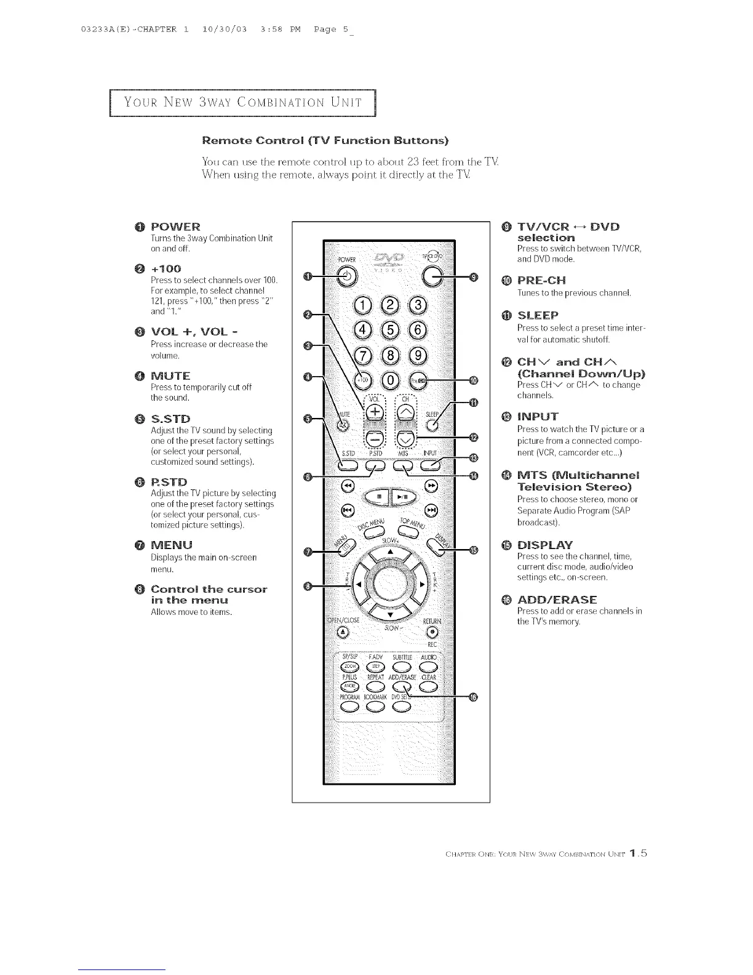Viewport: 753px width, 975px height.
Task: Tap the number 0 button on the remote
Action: click(391, 381)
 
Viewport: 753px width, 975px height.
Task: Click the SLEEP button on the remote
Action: click(433, 423)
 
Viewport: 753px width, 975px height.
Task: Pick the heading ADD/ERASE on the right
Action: click(557, 600)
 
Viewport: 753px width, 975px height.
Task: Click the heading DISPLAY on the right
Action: click(545, 545)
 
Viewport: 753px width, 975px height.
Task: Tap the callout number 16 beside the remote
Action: click(472, 697)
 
